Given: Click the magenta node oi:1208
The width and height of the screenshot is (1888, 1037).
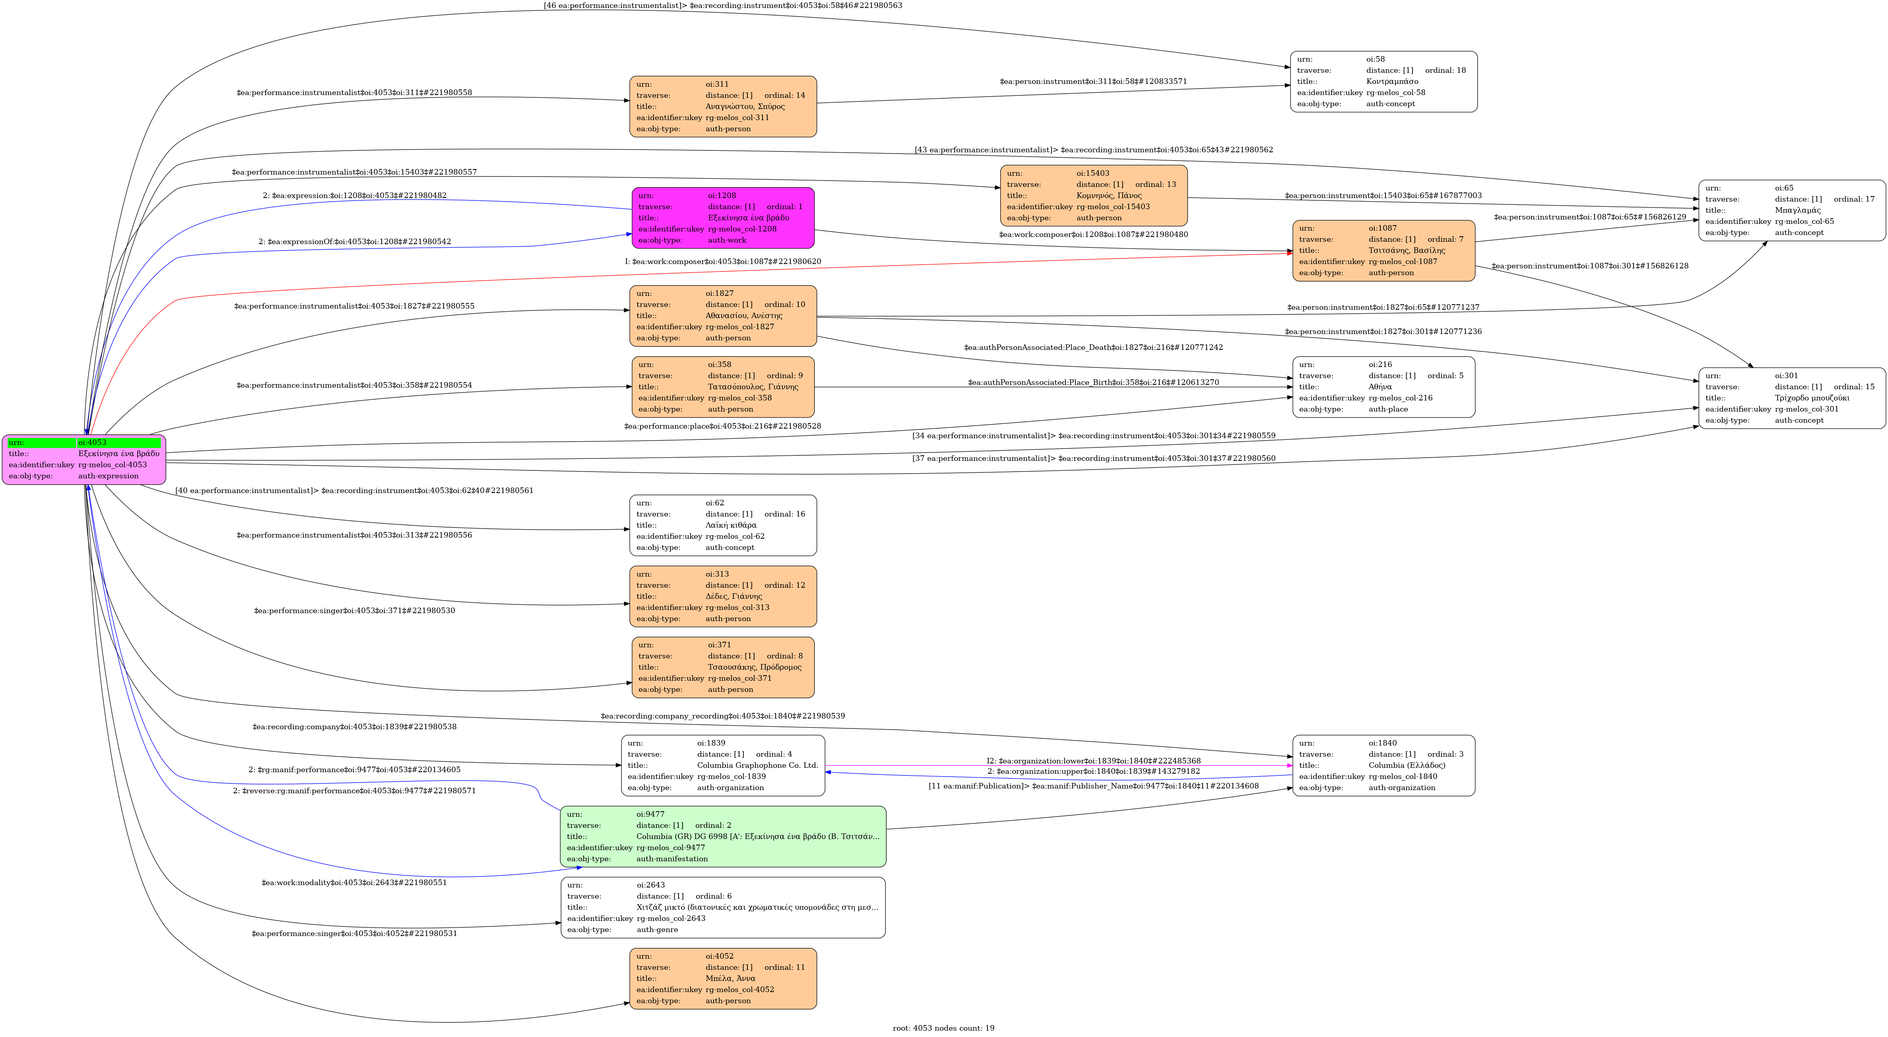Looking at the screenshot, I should [723, 217].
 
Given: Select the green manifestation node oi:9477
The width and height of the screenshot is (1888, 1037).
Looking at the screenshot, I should [723, 836].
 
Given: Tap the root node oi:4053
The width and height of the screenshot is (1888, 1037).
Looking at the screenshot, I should [83, 460].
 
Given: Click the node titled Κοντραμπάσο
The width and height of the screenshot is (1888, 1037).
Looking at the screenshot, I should [1383, 82].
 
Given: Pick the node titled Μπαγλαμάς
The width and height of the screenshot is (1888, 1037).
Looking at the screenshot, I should [1791, 210].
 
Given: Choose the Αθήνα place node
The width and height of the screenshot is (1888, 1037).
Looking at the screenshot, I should [1383, 387].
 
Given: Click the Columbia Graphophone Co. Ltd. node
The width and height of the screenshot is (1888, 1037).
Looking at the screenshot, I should [723, 765].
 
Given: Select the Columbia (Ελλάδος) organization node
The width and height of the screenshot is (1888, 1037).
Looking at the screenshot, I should [1383, 765].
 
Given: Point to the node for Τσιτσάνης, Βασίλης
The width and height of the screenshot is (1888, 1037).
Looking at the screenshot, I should [1383, 251].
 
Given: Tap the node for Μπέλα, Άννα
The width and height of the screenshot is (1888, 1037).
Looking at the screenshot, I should [723, 979].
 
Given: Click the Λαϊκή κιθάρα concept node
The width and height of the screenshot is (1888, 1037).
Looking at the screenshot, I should [723, 525].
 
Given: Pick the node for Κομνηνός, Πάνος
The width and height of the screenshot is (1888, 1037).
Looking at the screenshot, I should [1093, 196].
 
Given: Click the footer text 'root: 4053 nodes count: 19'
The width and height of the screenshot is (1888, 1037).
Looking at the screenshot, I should [943, 1028].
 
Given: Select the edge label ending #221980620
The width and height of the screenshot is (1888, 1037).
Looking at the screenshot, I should [723, 262].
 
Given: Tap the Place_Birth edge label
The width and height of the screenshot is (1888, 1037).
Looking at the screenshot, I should [1093, 383].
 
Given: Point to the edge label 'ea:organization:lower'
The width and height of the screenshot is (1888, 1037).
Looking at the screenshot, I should [1093, 761].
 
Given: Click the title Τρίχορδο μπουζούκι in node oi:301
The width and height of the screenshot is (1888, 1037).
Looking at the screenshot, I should [1812, 398].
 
